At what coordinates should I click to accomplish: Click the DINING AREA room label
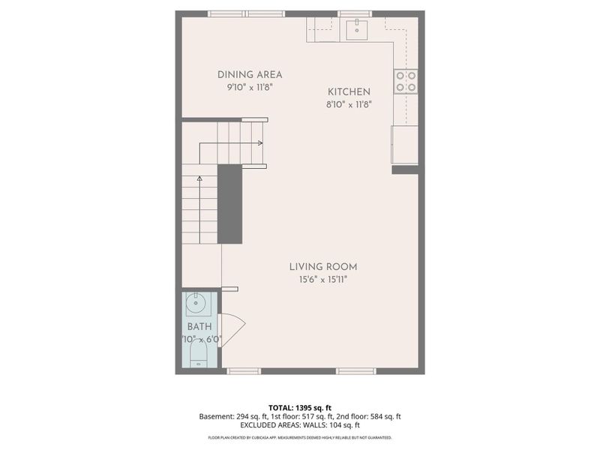point(250,74)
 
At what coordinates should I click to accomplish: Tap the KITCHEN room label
point(349,91)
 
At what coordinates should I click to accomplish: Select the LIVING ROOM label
point(323,266)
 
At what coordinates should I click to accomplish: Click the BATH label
point(199,327)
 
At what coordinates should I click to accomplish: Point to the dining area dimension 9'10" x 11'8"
point(250,87)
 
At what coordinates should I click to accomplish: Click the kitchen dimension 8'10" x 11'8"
point(349,104)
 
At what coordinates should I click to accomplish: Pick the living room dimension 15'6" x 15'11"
point(323,280)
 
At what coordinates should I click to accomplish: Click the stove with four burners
point(406,81)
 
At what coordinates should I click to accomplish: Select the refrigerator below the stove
point(404,144)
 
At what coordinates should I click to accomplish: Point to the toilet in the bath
point(199,354)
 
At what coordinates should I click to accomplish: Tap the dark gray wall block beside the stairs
point(229,204)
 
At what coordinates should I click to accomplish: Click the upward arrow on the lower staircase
point(199,178)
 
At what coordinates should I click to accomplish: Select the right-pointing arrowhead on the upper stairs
point(260,142)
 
